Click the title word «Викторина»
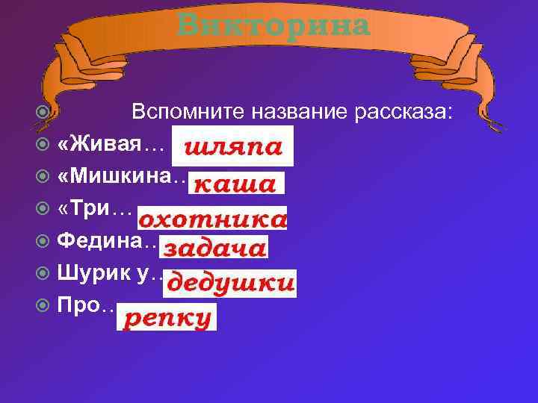pos(274,25)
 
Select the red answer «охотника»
pos(213,220)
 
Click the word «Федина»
pos(104,242)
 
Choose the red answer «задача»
pos(215,249)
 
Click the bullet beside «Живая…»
pos(43,145)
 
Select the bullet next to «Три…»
pos(43,210)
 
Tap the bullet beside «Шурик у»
pos(43,274)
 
